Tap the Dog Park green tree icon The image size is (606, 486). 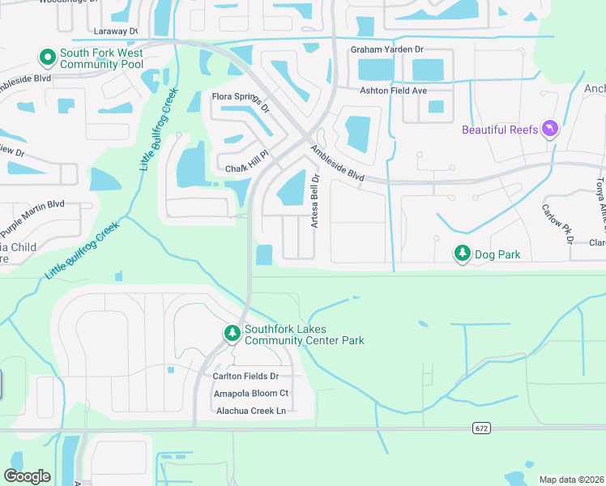462,254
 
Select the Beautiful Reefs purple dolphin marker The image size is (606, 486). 551,130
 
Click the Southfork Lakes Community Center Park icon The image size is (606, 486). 233,333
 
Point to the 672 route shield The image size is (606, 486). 480,427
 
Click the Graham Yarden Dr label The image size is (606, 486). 386,49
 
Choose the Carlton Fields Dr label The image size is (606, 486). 245,377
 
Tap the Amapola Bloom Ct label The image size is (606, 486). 250,393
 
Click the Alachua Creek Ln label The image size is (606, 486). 251,411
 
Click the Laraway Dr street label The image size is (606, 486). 116,31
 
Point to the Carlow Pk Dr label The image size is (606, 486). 557,223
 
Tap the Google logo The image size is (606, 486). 27,476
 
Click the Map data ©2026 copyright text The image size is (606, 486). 571,480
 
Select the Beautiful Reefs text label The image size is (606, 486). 500,130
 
